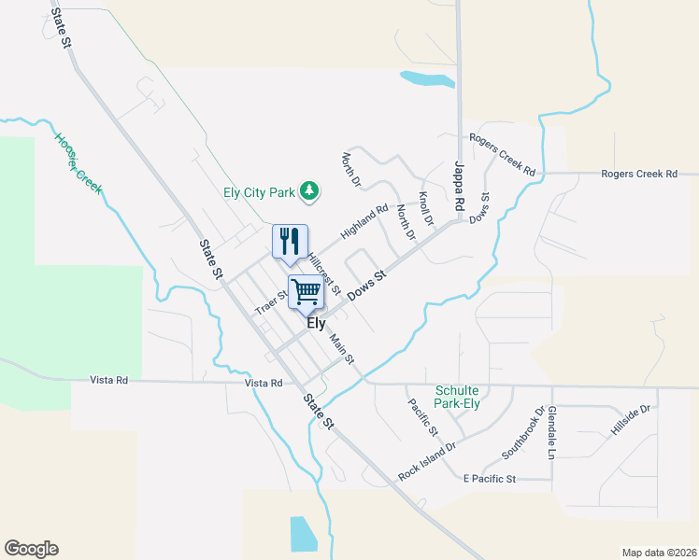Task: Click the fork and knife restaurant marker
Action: coord(290,242)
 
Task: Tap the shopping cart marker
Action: coord(306,292)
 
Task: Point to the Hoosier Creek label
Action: coord(78,164)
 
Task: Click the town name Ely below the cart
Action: coord(317,324)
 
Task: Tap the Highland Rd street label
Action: coord(364,221)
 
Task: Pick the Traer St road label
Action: coord(272,301)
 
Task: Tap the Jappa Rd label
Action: coord(459,187)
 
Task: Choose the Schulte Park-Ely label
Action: coord(464,397)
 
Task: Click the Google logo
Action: coord(31,549)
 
